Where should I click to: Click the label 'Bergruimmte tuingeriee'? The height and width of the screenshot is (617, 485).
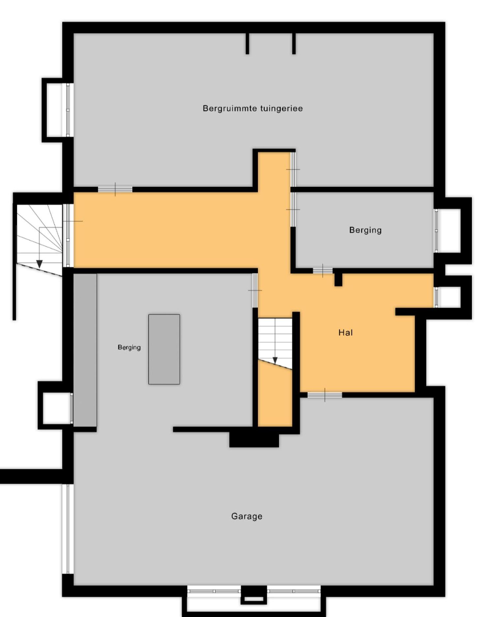tap(253, 109)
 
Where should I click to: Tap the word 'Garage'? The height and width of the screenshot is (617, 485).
tap(247, 516)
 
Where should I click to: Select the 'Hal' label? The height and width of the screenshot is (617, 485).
tap(345, 332)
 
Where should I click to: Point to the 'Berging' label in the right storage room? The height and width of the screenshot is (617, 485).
tap(366, 230)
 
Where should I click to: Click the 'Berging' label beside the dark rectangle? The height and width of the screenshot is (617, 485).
tap(130, 347)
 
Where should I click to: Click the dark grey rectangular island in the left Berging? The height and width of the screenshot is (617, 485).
tap(164, 349)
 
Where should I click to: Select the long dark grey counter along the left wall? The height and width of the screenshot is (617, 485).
tap(85, 350)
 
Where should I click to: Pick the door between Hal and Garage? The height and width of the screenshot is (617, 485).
tap(325, 395)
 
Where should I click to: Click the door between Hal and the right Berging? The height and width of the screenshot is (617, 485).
tap(323, 270)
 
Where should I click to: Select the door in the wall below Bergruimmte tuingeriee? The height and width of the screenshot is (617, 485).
tap(115, 189)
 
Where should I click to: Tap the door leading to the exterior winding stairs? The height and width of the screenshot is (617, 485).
tap(68, 235)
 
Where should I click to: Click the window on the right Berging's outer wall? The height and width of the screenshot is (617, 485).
tap(436, 230)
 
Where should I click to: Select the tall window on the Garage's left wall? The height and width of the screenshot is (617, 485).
tap(67, 528)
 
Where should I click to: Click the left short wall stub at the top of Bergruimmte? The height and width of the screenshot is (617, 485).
tap(247, 43)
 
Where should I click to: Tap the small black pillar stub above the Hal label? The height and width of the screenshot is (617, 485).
tap(338, 279)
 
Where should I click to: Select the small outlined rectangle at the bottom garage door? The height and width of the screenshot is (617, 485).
tap(253, 599)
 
